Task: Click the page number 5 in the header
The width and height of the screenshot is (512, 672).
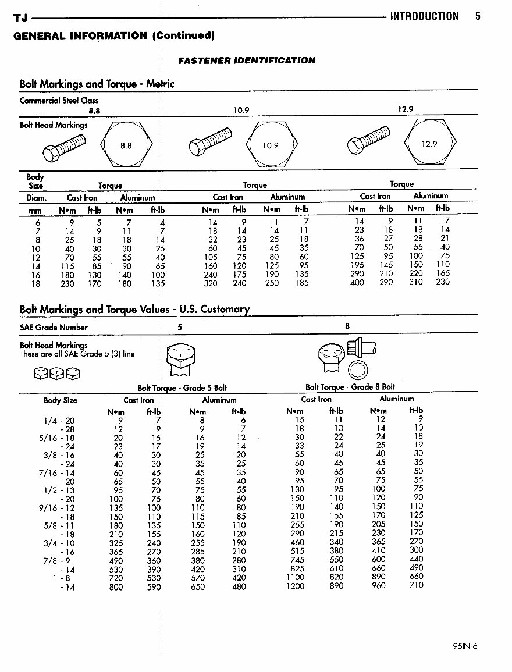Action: [477, 16]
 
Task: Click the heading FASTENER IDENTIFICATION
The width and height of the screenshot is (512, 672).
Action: [246, 60]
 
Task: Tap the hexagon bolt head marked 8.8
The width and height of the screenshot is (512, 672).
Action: [126, 145]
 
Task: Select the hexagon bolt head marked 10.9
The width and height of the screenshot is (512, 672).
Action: [271, 145]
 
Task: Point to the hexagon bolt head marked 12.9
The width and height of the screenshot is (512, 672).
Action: [429, 144]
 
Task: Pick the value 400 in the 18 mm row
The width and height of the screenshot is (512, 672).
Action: [357, 283]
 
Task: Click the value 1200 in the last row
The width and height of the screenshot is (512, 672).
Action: [295, 586]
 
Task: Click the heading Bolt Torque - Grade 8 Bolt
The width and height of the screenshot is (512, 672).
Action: [350, 387]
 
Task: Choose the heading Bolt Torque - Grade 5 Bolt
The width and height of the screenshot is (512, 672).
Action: [182, 387]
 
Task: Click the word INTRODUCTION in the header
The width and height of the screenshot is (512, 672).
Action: [424, 16]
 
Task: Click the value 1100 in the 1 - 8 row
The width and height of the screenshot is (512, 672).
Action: [295, 577]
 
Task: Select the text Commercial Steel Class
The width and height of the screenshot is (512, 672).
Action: [59, 100]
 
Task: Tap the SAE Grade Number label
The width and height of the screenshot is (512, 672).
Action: [54, 328]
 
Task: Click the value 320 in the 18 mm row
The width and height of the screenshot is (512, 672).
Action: [211, 283]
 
